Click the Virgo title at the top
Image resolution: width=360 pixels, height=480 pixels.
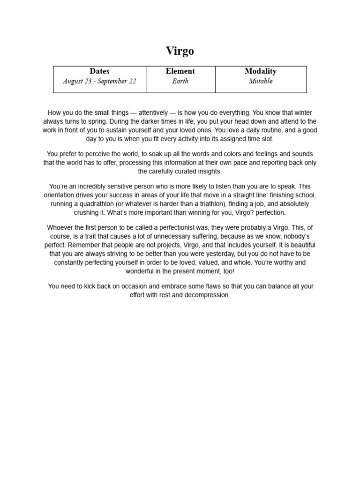pos(180,51)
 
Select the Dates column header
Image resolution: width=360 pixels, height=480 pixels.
pos(99,71)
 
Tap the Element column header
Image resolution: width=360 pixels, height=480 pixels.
pos(180,71)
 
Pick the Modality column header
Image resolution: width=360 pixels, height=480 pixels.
pos(261,71)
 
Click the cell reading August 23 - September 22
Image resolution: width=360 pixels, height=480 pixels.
pos(99,81)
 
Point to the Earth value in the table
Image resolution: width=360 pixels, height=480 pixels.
pos(180,81)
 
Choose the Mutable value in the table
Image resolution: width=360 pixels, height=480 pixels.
pos(261,81)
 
